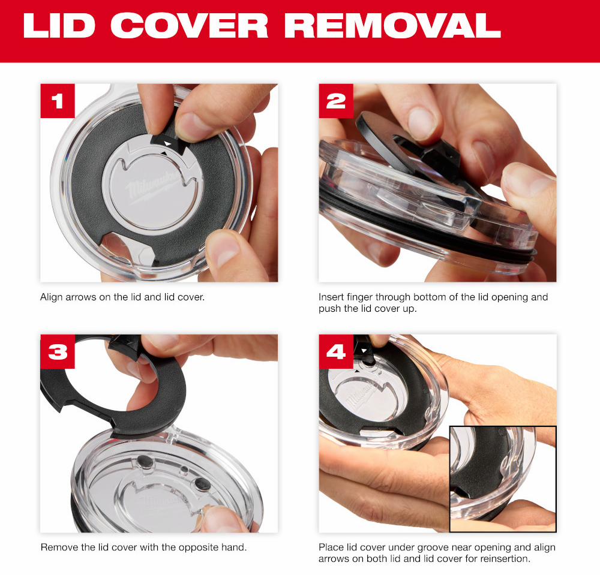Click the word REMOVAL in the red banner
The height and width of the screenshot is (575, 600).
(x=392, y=26)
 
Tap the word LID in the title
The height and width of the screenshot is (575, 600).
(x=59, y=26)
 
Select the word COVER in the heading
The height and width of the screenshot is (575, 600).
(x=189, y=26)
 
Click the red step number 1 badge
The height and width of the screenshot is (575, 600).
(x=58, y=101)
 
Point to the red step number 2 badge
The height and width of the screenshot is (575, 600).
(x=336, y=101)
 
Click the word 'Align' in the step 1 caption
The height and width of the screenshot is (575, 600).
(x=51, y=297)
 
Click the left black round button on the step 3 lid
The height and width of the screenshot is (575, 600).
(x=146, y=462)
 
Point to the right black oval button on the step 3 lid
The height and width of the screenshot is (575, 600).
(x=202, y=484)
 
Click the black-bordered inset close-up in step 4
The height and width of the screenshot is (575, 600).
(x=503, y=478)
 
